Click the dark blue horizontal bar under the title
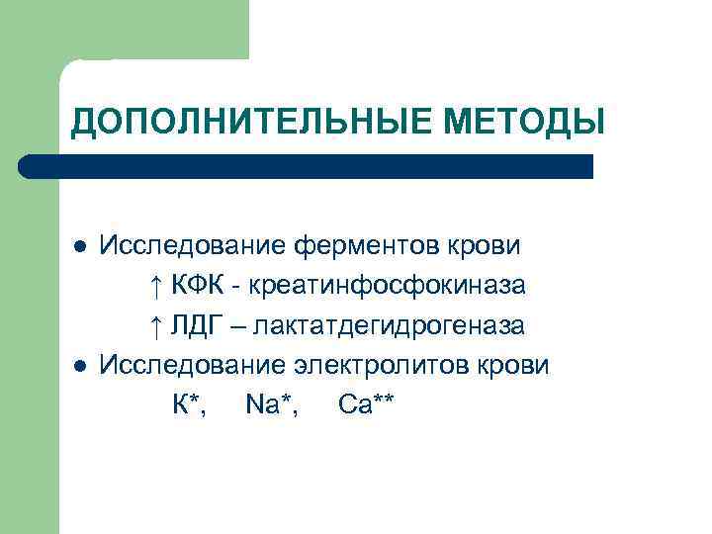(x=307, y=166)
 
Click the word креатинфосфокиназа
(x=387, y=286)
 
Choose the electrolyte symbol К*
(x=189, y=404)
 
